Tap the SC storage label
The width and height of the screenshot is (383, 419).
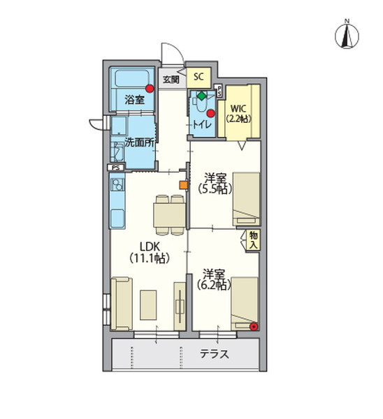pos(198,77)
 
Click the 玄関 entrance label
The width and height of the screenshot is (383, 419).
pos(171,80)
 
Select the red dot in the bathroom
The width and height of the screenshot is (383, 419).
pos(150,89)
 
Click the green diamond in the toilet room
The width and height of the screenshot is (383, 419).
pos(201,96)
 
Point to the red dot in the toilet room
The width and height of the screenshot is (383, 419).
pos(211,114)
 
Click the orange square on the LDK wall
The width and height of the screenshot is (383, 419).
pos(184,185)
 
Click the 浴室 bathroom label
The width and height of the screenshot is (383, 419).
pos(134,100)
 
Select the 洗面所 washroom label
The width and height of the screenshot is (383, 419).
pos(140,142)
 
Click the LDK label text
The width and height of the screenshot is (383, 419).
pos(150,246)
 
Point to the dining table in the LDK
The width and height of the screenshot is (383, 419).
pos(170,215)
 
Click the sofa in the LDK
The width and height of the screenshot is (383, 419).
pos(122,304)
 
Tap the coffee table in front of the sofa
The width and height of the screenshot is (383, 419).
pos(148,305)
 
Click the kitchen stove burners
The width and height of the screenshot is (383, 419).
pos(117,184)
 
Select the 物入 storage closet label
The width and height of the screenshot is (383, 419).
pos(254,240)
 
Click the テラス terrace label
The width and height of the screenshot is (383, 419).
pos(215,354)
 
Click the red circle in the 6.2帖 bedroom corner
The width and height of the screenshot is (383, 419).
pos(254,326)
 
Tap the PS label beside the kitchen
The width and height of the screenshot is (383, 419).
pos(116,168)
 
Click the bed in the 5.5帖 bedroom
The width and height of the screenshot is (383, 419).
pos(246,199)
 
